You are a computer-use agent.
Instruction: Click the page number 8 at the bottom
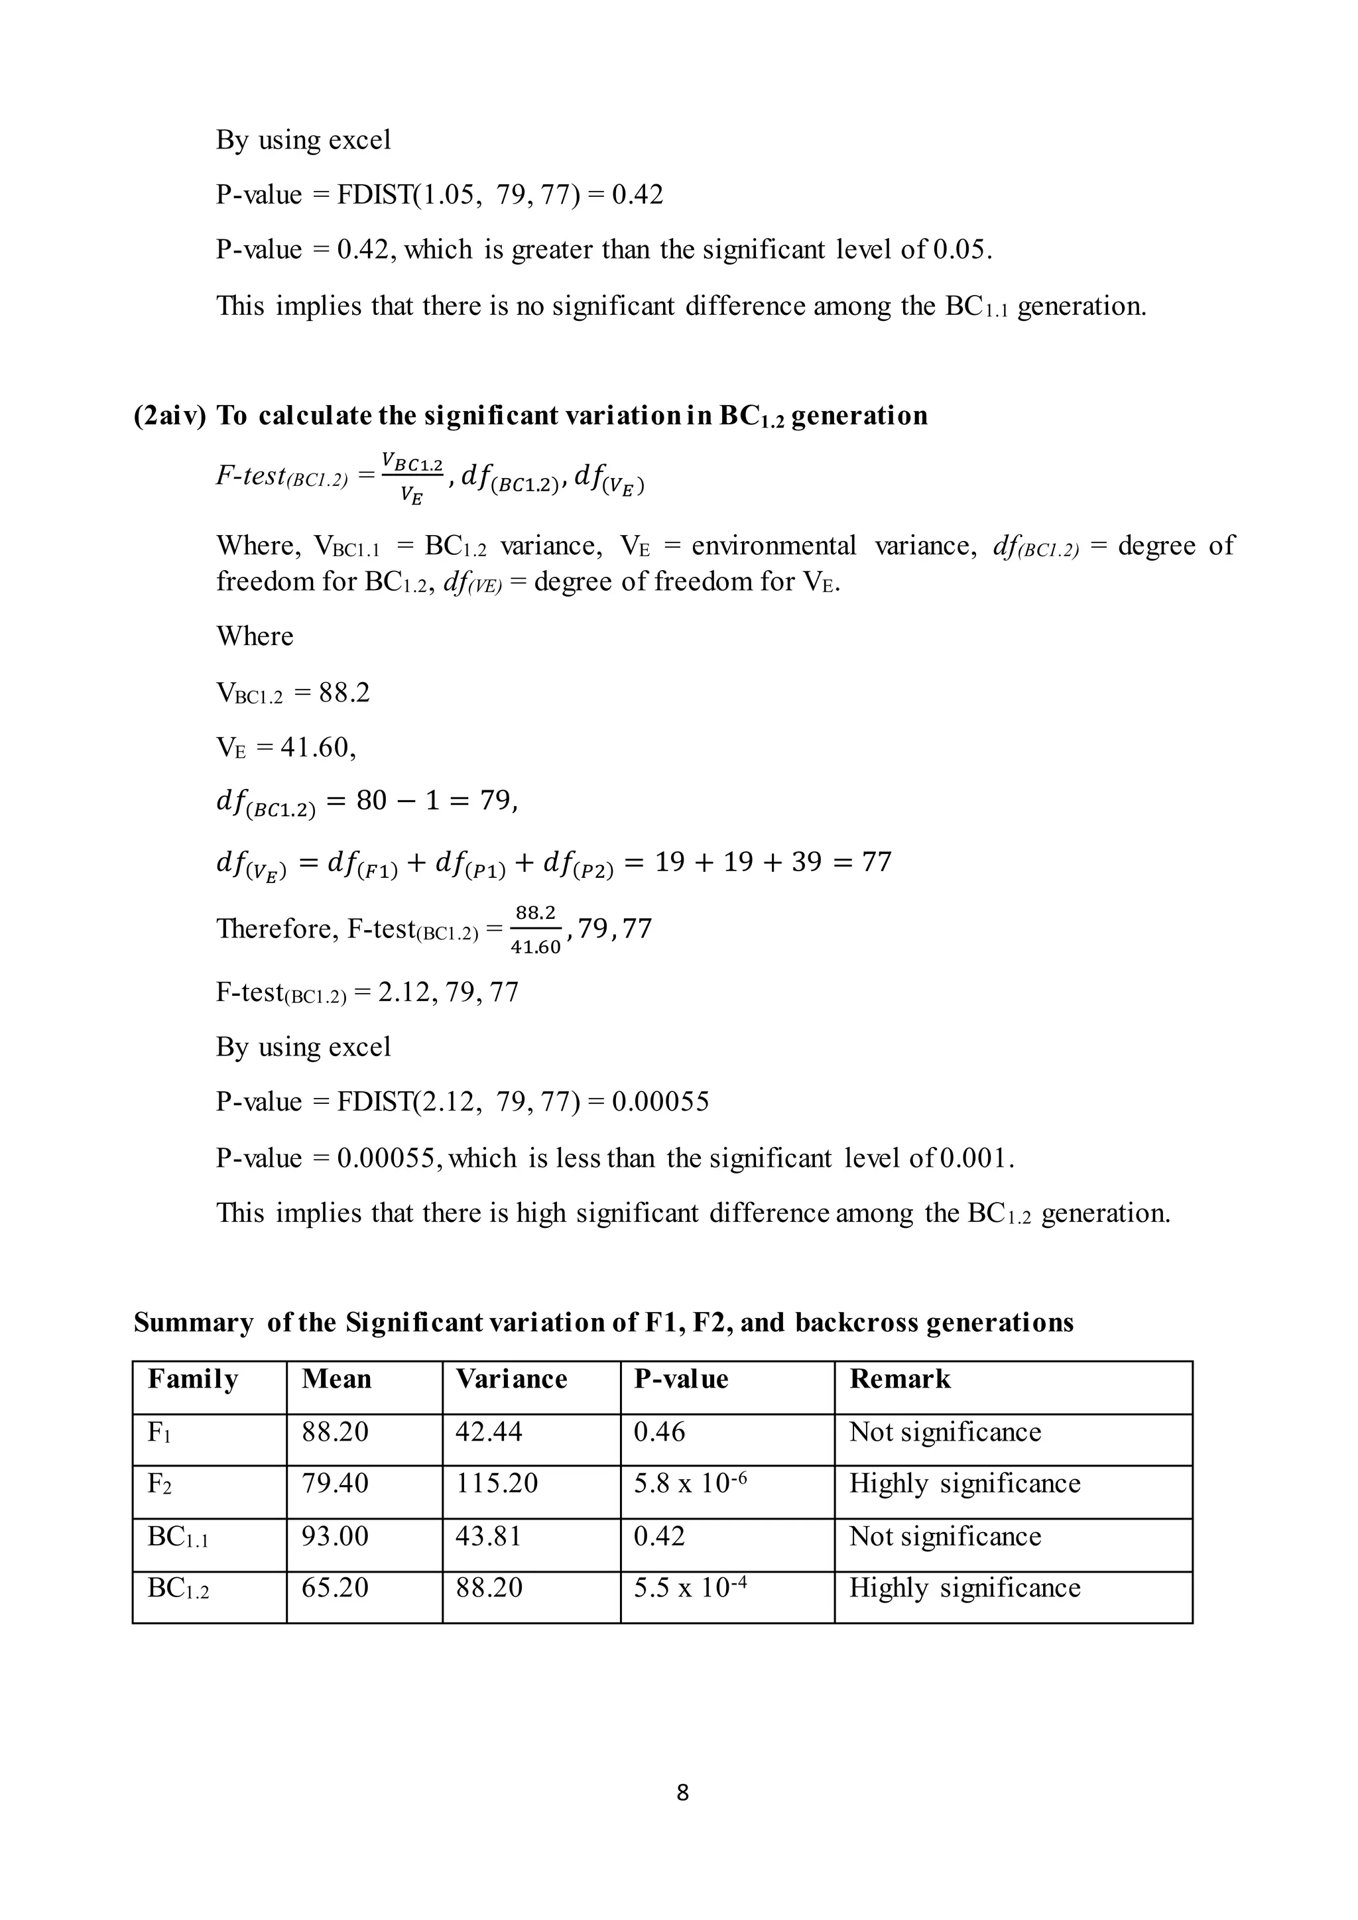pyautogui.click(x=682, y=1792)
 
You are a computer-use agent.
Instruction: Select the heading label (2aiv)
pyautogui.click(x=170, y=416)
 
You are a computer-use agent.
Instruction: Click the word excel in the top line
pyautogui.click(x=359, y=140)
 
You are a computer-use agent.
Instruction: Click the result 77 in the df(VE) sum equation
pyautogui.click(x=877, y=861)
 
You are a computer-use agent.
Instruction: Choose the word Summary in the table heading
pyautogui.click(x=192, y=1322)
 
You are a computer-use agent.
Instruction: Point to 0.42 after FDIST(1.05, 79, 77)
pyautogui.click(x=637, y=195)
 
